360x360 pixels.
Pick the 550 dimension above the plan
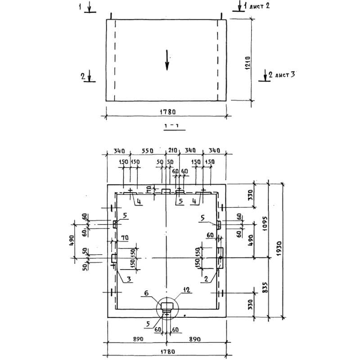148,150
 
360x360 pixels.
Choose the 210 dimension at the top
174,150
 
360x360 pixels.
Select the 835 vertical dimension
265,287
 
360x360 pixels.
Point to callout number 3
129,279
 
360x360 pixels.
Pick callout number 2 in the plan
206,279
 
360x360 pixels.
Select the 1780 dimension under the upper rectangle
167,112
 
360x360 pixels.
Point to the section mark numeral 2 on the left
83,76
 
